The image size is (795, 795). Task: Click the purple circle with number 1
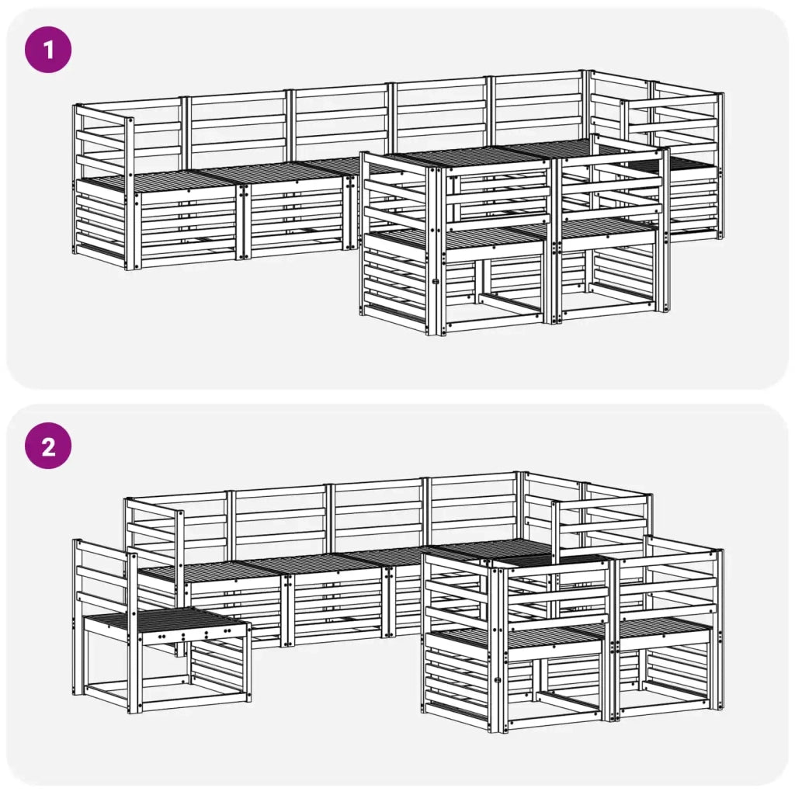(49, 50)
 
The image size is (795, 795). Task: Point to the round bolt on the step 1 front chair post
(435, 281)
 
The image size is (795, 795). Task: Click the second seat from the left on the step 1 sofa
(272, 172)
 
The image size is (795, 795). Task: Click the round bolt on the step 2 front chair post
(498, 680)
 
